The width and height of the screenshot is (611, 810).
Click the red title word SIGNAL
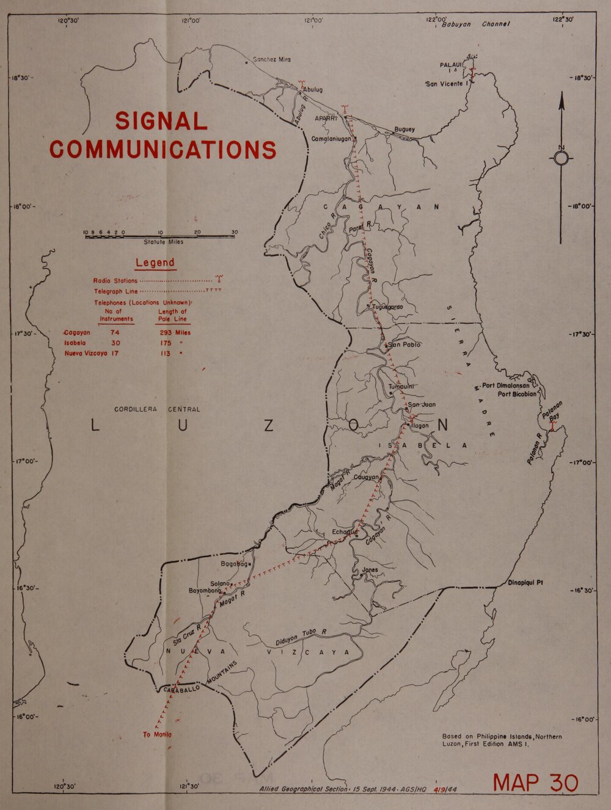pyautogui.click(x=161, y=121)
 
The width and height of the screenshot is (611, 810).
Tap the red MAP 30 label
pyautogui.click(x=535, y=783)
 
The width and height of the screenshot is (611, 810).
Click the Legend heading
pyautogui.click(x=155, y=263)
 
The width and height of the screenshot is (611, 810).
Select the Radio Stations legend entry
pyautogui.click(x=115, y=281)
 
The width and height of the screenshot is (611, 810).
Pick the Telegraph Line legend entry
pyautogui.click(x=116, y=291)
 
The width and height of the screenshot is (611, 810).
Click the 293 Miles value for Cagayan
pyautogui.click(x=175, y=333)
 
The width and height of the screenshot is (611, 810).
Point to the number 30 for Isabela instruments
pyautogui.click(x=115, y=343)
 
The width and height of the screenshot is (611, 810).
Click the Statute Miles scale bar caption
pyautogui.click(x=163, y=242)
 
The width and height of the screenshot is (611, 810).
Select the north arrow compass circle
pyautogui.click(x=561, y=159)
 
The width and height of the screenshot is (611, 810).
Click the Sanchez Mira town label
pyautogui.click(x=271, y=59)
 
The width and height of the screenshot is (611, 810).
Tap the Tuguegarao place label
pyautogui.click(x=387, y=307)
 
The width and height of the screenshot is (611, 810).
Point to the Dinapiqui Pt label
pyautogui.click(x=525, y=582)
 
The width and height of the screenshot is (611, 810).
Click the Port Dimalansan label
pyautogui.click(x=505, y=385)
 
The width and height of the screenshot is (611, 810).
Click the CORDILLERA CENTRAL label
pyautogui.click(x=157, y=409)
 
